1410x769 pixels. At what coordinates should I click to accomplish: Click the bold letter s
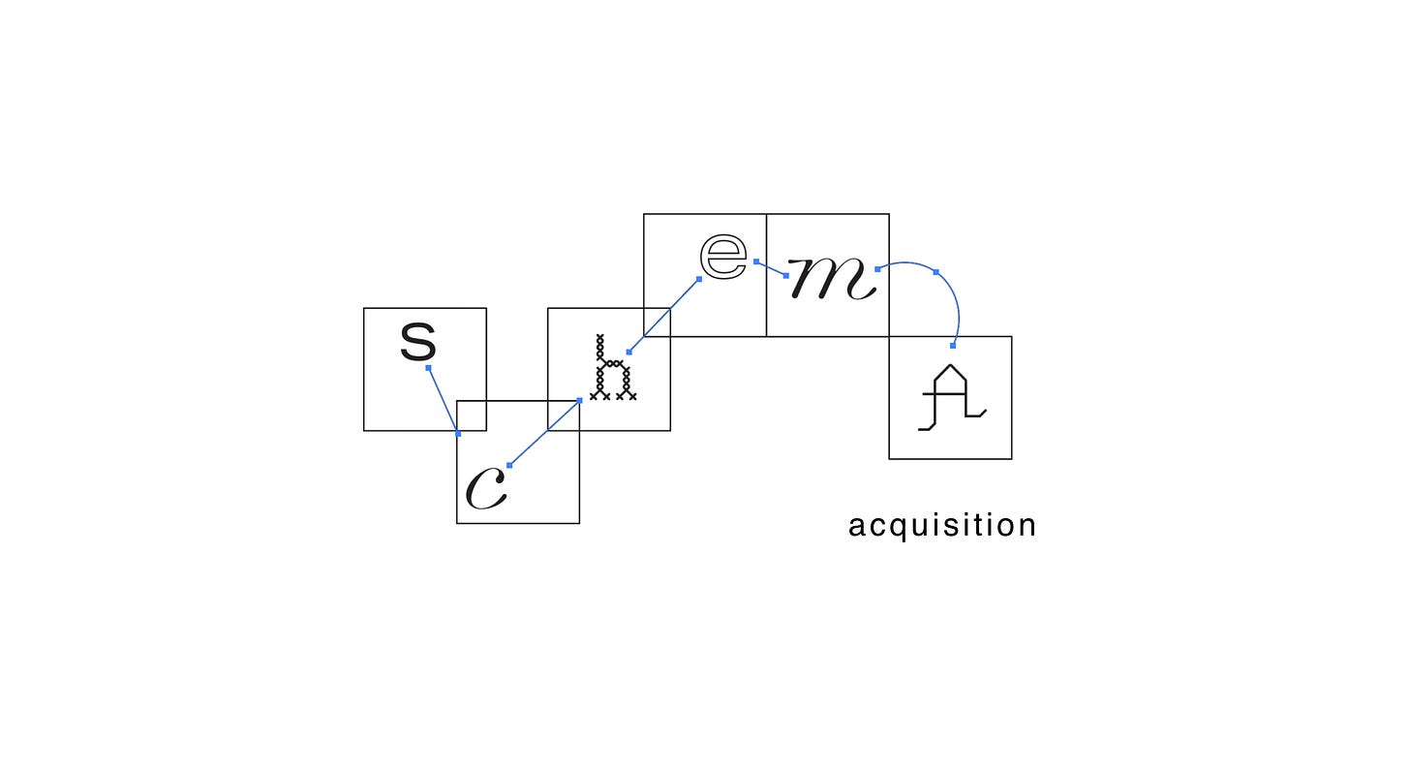point(418,342)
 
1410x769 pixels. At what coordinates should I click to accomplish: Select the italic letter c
point(486,488)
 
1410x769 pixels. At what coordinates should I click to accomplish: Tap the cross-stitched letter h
point(612,369)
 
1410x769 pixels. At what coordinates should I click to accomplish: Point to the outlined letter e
point(724,256)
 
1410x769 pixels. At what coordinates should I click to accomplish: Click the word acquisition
point(942,526)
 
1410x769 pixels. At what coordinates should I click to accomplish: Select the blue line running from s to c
point(444,401)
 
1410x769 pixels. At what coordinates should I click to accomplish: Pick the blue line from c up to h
point(544,433)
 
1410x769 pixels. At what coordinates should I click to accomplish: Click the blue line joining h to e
point(664,315)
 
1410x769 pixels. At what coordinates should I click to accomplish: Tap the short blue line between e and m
point(771,268)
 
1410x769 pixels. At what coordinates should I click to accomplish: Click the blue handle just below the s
point(428,368)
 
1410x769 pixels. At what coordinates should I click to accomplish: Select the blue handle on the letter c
point(509,466)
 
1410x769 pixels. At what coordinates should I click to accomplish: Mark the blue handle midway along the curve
point(935,272)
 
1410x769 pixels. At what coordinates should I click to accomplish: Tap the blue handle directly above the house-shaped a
point(953,345)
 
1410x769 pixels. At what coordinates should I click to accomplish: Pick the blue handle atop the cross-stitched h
point(628,352)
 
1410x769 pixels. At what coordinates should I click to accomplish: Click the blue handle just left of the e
point(698,279)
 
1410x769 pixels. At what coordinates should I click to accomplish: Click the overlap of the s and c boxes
point(472,415)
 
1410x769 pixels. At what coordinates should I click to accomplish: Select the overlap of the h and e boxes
point(657,323)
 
